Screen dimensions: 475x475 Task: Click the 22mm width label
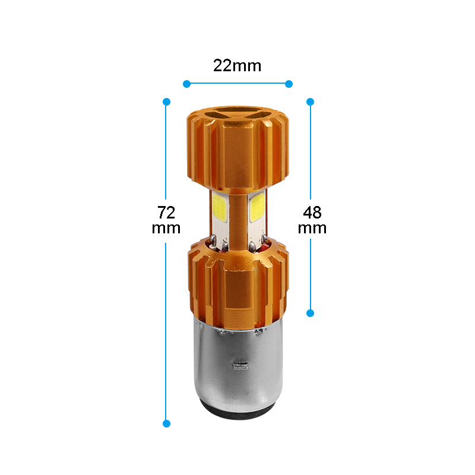pos(237,66)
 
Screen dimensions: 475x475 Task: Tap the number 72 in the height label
pos(166,213)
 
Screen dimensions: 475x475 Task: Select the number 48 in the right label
pos(312,213)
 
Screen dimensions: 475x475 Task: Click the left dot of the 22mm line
pos(186,84)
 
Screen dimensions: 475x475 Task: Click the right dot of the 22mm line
pos(289,84)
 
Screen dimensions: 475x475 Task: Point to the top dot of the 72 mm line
pos(166,102)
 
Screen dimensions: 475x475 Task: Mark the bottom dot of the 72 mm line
pos(166,423)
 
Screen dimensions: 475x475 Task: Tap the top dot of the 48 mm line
pos(310,102)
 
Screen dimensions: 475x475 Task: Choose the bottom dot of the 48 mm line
pos(310,313)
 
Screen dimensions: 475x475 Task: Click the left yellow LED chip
pos(220,207)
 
